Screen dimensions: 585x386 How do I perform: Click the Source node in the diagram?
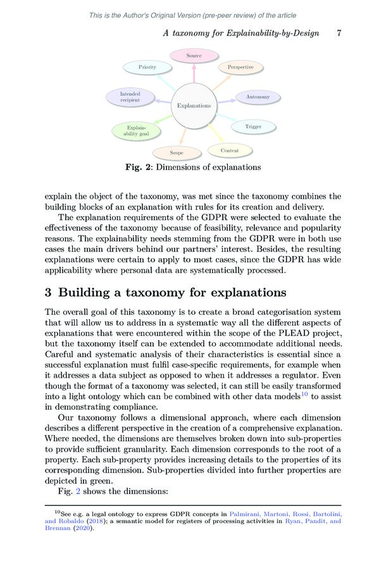pyautogui.click(x=194, y=56)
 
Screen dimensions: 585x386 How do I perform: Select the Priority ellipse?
pyautogui.click(x=147, y=67)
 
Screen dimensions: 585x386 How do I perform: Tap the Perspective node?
pyautogui.click(x=240, y=67)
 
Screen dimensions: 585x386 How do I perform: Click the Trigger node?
pyautogui.click(x=253, y=127)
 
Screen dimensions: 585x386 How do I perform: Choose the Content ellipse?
pyautogui.click(x=230, y=151)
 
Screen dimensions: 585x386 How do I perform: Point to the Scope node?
pyautogui.click(x=177, y=152)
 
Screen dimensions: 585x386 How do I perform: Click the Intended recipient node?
pyautogui.click(x=130, y=97)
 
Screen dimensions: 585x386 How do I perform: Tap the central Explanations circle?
pyautogui.click(x=194, y=106)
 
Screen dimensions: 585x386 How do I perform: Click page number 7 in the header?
pyautogui.click(x=339, y=33)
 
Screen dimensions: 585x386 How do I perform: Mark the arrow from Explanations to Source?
pyautogui.click(x=194, y=73)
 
